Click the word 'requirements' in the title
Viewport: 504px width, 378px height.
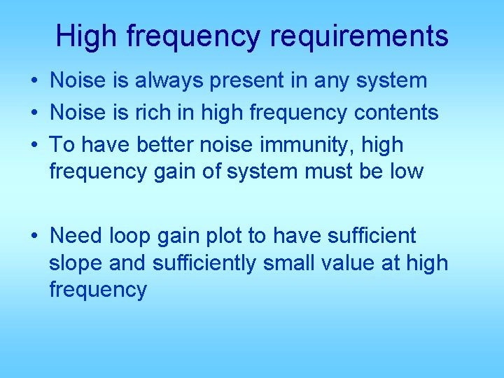point(360,36)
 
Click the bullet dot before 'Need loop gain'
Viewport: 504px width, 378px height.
point(34,237)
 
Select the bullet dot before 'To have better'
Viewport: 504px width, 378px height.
point(34,145)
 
